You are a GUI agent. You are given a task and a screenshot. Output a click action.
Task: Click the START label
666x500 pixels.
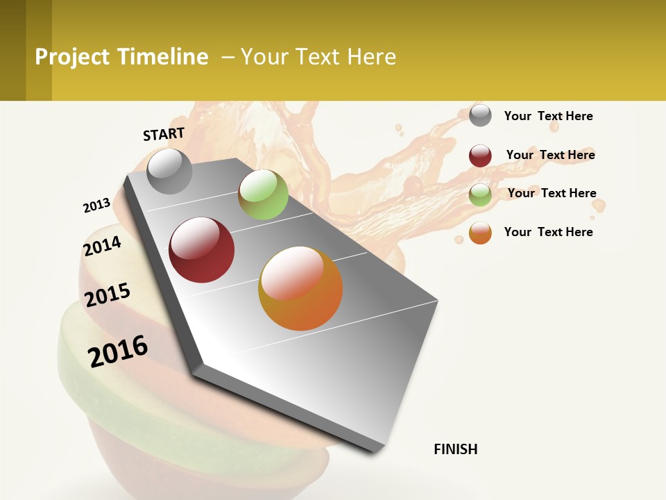[164, 134]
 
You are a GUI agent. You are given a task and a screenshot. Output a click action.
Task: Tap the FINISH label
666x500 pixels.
[456, 449]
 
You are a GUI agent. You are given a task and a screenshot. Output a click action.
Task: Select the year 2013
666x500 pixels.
[96, 206]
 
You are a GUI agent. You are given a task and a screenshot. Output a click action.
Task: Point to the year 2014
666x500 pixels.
[102, 246]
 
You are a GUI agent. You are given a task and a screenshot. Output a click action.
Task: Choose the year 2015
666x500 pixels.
[108, 295]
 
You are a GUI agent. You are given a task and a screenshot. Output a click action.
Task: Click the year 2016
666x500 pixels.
[118, 351]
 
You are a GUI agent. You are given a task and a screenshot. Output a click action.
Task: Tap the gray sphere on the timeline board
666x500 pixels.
[169, 171]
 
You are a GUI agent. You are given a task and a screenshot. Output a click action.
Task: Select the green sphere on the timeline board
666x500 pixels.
[263, 194]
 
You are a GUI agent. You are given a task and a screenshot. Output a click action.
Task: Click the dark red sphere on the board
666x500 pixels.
[202, 250]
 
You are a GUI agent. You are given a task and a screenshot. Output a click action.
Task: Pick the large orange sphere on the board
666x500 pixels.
[300, 288]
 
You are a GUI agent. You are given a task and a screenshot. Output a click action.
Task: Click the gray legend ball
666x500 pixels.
[480, 115]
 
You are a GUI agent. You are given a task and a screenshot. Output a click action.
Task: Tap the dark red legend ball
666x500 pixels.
[480, 156]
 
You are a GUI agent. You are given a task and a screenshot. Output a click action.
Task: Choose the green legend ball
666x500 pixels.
[480, 194]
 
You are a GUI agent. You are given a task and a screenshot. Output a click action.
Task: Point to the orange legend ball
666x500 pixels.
[480, 233]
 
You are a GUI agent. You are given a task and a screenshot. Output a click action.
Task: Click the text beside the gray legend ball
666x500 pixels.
[548, 116]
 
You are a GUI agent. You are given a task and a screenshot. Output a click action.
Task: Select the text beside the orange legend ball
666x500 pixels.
[548, 232]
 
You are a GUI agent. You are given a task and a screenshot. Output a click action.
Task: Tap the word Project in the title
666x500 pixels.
[71, 57]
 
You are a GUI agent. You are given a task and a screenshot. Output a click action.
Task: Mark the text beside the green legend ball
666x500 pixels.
[552, 193]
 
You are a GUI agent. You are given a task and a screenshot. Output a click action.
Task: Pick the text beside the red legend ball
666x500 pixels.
[550, 155]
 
